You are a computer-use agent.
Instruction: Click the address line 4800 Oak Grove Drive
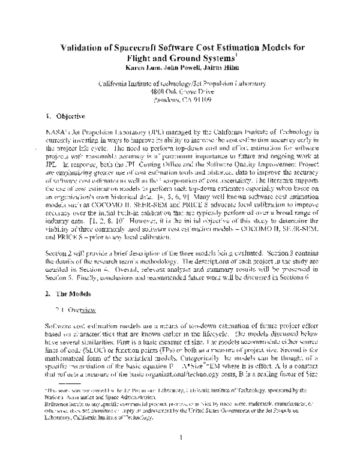click(x=180, y=91)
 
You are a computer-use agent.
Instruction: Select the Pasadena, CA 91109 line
click(x=180, y=99)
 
